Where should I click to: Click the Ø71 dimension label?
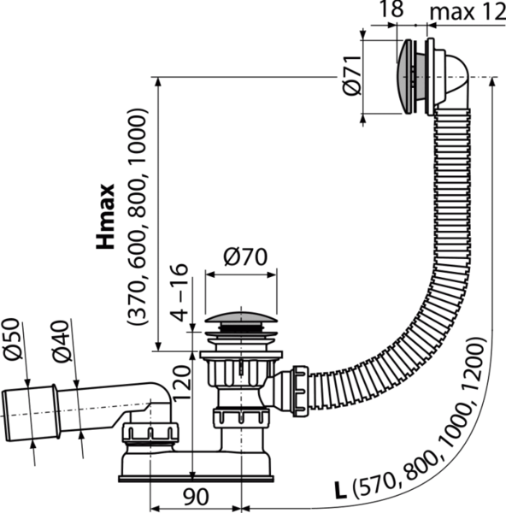(x=352, y=75)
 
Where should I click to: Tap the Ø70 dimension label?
(x=245, y=257)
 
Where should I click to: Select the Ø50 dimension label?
(x=14, y=339)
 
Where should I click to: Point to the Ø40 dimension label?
(x=62, y=341)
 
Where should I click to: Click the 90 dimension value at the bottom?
(x=195, y=497)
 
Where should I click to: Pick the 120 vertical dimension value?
(x=181, y=383)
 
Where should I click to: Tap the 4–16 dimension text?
(x=179, y=292)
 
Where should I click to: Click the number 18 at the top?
(x=391, y=9)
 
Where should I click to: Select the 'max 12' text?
(x=468, y=13)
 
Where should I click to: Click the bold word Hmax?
(x=105, y=216)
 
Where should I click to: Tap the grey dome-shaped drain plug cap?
(x=241, y=317)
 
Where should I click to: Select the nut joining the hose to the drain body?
(x=300, y=392)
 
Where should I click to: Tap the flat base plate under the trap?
(x=196, y=480)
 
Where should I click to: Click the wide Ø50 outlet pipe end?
(x=31, y=414)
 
